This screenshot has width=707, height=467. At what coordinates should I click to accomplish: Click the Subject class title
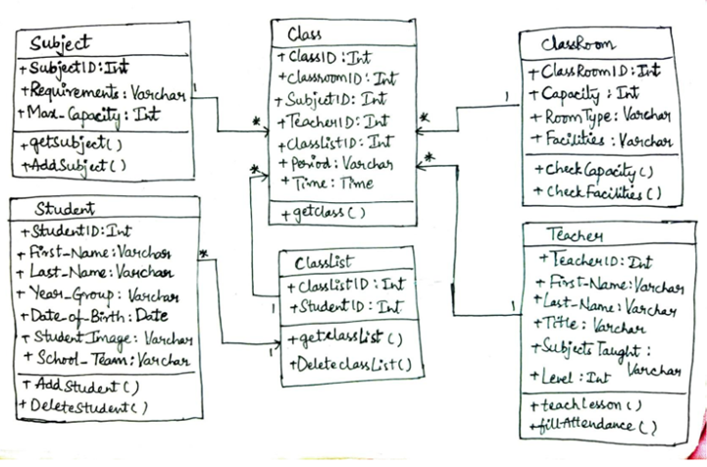pos(60,44)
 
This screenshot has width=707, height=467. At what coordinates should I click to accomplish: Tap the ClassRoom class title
pos(578,44)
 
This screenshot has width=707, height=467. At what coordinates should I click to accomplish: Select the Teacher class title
pos(575,234)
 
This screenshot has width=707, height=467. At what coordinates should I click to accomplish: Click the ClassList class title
pos(323,262)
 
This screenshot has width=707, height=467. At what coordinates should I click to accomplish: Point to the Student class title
pos(65,208)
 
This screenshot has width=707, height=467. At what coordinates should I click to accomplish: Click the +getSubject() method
pos(72,144)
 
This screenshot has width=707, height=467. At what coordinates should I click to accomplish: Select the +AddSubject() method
pos(74,166)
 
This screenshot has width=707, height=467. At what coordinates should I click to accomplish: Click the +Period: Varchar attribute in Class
pos(335,163)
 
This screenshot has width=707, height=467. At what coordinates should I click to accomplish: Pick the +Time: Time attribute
pos(328,182)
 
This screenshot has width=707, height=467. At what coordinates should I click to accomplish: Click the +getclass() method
pos(323,213)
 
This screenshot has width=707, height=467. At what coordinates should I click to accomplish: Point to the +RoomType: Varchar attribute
pos(600,117)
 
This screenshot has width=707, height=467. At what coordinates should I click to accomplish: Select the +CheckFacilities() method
pos(597,192)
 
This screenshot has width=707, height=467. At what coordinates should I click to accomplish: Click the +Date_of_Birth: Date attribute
pos(94,315)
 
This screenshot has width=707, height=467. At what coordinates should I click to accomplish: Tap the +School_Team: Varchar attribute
pos(107,359)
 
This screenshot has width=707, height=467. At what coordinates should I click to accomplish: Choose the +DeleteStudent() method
pos(82,406)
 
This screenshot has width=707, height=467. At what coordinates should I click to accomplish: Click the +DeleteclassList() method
pos(350,364)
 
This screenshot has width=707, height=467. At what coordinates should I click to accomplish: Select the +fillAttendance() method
pos(593,425)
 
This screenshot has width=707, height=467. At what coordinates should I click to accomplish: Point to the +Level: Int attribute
pos(570,377)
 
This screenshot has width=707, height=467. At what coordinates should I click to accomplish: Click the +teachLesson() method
pos(585,405)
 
